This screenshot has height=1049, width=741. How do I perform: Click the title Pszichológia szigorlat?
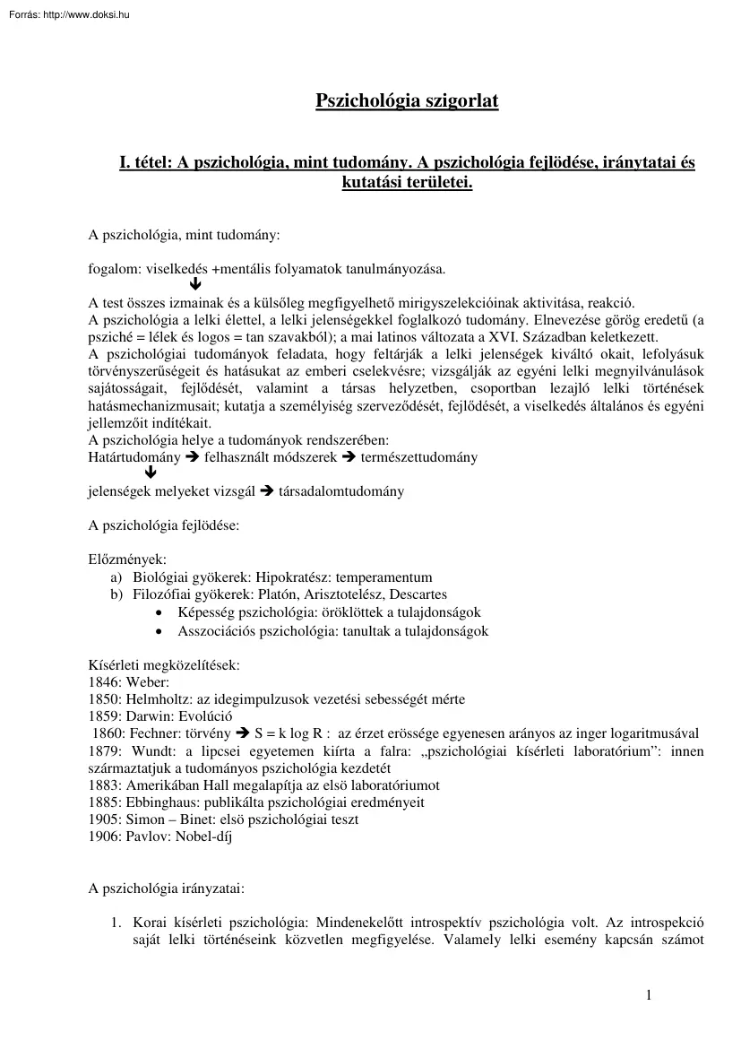point(407,101)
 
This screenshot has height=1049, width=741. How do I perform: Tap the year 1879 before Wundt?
point(106,750)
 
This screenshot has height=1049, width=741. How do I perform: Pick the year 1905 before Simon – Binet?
point(105,819)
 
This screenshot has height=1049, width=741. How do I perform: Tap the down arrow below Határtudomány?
point(151,474)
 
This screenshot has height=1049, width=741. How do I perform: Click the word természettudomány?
point(418,457)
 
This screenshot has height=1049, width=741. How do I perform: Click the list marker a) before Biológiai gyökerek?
point(116,577)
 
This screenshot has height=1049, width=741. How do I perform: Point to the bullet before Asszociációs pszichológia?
point(159,631)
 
